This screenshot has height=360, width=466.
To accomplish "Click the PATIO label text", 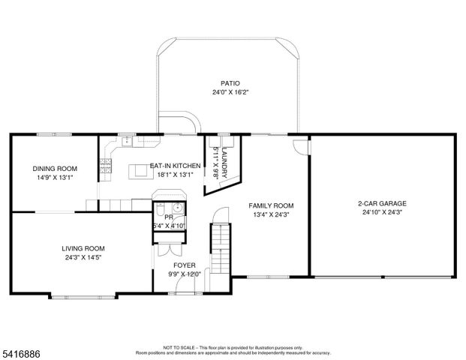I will [x=229, y=83].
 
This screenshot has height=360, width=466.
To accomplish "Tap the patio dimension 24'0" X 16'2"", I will [x=229, y=93].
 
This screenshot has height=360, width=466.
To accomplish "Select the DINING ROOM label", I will [x=54, y=169].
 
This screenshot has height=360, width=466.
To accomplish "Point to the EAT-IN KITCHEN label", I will [x=175, y=166].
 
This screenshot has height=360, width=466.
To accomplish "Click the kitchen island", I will [x=139, y=172].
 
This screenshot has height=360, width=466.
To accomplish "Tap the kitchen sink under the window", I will [x=127, y=140].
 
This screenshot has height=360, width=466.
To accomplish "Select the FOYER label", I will [x=185, y=265].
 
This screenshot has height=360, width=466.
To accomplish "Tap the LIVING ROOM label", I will [x=83, y=248].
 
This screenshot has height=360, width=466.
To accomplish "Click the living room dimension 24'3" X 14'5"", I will [x=83, y=258].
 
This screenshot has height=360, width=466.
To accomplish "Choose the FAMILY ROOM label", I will [x=272, y=205].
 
